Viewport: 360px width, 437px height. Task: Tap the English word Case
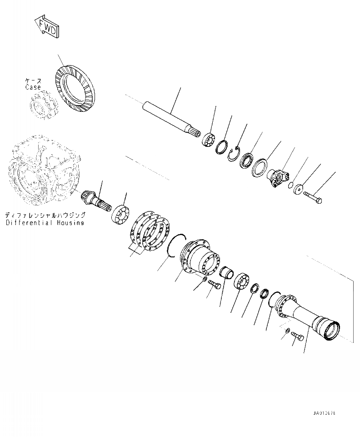(x=33, y=87)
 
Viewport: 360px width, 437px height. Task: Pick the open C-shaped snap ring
(x=234, y=154)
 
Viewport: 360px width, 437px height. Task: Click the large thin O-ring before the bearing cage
(x=177, y=246)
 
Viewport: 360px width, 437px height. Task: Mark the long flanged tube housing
(x=309, y=314)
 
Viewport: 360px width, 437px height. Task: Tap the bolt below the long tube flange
(x=297, y=337)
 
